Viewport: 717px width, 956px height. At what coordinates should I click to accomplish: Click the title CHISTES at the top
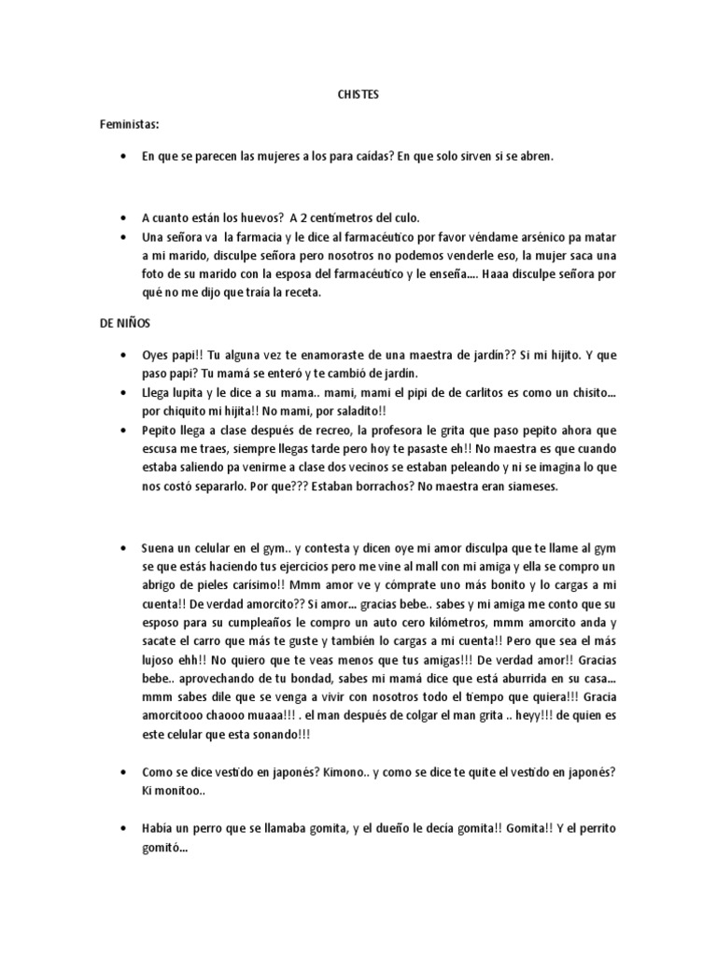click(x=358, y=94)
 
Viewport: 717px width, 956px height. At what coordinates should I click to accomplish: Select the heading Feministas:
click(x=131, y=124)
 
